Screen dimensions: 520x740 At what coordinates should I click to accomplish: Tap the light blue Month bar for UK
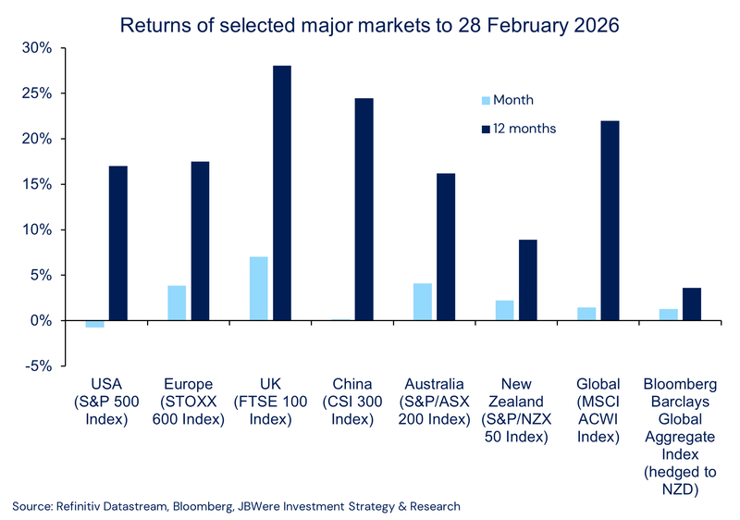tap(258, 288)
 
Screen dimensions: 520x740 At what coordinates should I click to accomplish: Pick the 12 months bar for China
tap(364, 209)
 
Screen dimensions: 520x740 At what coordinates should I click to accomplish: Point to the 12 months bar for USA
tap(118, 243)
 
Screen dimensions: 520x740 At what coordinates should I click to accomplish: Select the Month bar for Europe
tap(177, 303)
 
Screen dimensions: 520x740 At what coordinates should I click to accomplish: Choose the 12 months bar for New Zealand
tap(528, 279)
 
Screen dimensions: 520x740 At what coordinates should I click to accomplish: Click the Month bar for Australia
tap(423, 302)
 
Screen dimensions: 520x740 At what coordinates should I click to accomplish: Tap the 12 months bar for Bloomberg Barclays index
tap(692, 304)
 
